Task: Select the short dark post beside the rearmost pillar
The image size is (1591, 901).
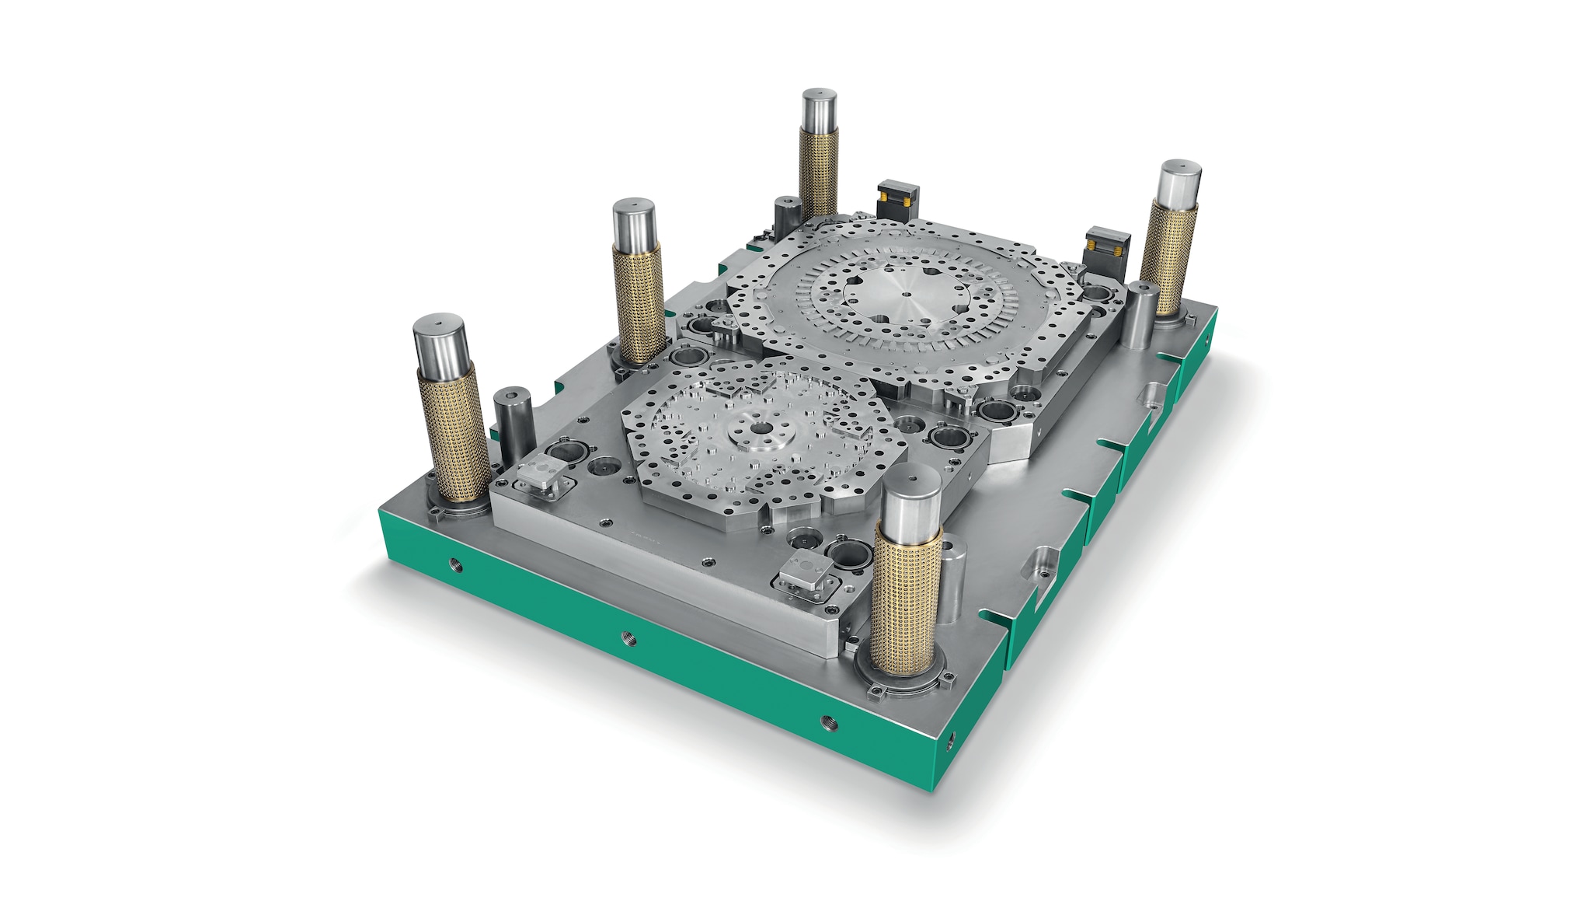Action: click(787, 213)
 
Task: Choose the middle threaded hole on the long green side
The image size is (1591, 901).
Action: click(627, 640)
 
